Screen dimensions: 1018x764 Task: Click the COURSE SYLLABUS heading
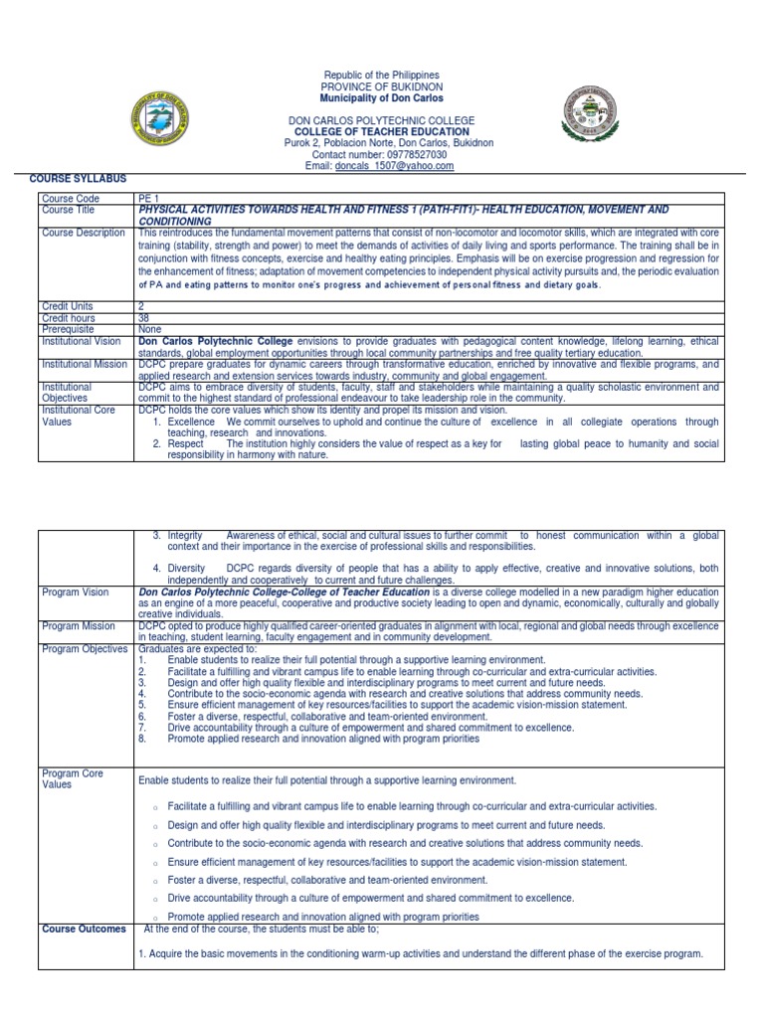(78, 178)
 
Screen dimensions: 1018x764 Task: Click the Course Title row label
(68, 210)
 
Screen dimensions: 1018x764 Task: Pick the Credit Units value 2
(141, 306)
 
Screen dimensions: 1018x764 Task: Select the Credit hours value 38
(144, 318)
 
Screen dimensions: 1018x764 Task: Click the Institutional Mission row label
(85, 364)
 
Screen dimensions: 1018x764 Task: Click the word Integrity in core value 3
(185, 535)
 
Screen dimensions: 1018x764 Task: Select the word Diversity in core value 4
(187, 568)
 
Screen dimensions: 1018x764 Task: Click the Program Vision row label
(76, 592)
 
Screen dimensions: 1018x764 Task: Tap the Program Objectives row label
(85, 648)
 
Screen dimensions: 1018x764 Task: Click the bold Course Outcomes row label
(84, 929)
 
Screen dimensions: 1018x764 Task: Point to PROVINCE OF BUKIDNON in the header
(382, 87)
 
